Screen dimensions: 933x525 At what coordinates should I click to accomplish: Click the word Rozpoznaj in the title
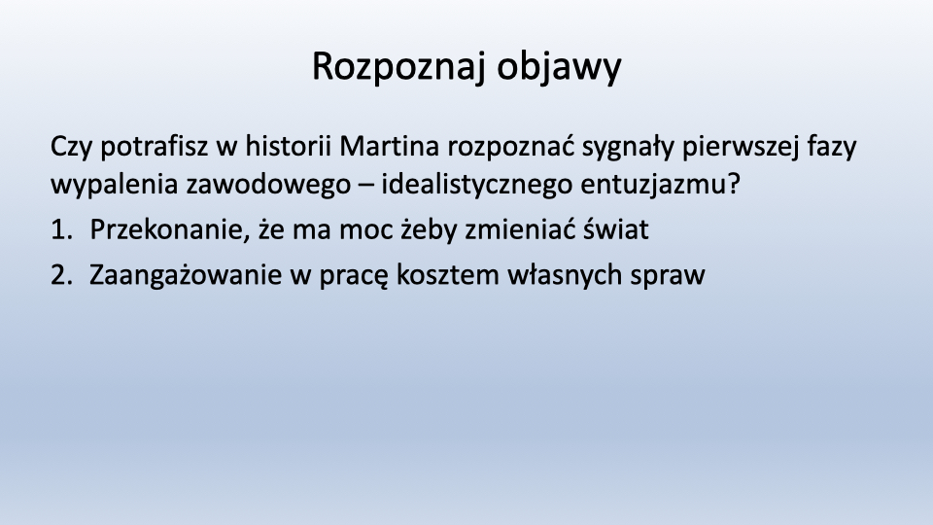[x=399, y=67]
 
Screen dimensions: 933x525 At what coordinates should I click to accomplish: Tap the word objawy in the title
[x=560, y=67]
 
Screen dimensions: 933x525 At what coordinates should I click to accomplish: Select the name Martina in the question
[x=389, y=147]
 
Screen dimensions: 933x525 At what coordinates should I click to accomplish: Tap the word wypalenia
[x=115, y=185]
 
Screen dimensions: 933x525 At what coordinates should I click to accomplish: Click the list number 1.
[x=61, y=229]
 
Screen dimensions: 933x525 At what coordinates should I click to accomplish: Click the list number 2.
[x=61, y=275]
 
